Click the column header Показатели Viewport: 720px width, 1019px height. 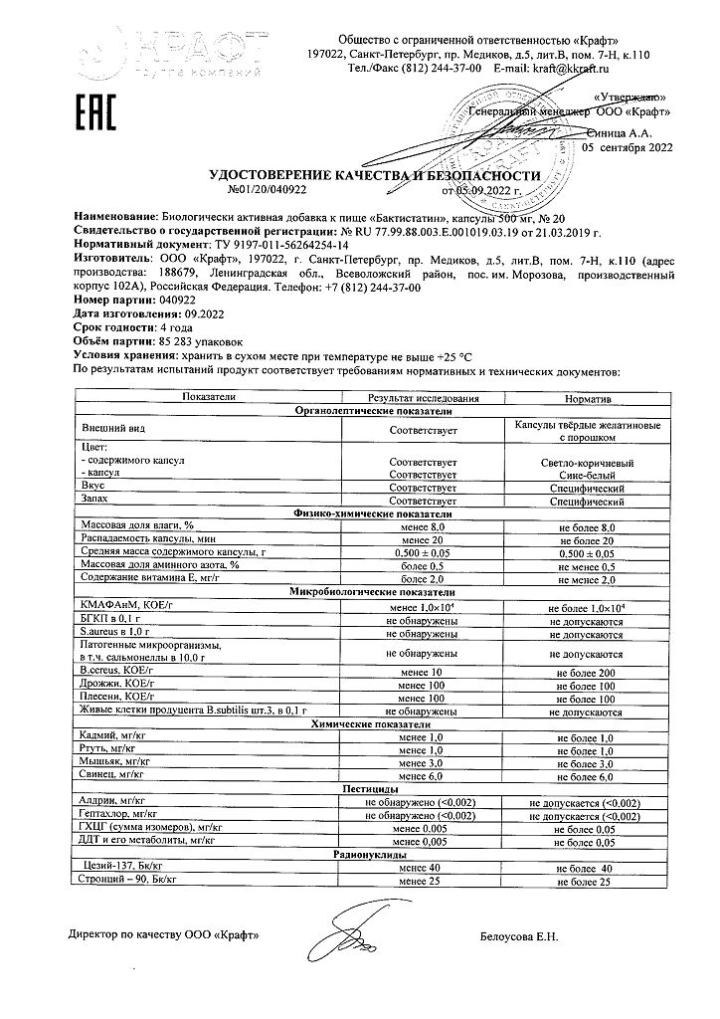[x=208, y=398]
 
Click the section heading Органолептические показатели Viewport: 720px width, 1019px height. [x=373, y=411]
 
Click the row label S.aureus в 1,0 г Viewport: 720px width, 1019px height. [x=115, y=632]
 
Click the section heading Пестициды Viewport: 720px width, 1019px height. [x=373, y=788]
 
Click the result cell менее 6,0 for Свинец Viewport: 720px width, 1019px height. [x=421, y=775]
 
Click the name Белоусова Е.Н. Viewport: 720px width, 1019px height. [x=520, y=936]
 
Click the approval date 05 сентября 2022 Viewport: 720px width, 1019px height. [x=627, y=147]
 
